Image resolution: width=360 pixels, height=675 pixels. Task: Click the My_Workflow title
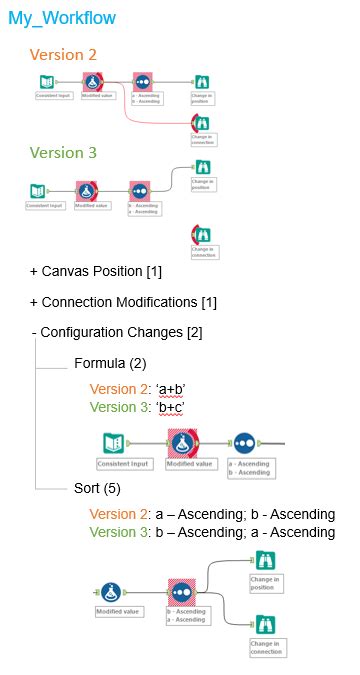click(61, 18)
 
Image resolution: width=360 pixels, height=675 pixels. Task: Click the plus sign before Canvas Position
click(34, 272)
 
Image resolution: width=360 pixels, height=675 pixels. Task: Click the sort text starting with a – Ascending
click(245, 514)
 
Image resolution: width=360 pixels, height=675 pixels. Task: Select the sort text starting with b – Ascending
click(245, 532)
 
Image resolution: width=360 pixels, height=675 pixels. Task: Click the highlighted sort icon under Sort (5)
click(181, 589)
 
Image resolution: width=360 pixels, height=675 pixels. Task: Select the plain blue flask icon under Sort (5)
click(114, 590)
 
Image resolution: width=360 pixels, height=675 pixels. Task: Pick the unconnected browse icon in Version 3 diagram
click(201, 233)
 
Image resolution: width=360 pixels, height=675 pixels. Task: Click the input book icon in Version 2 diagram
click(47, 82)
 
